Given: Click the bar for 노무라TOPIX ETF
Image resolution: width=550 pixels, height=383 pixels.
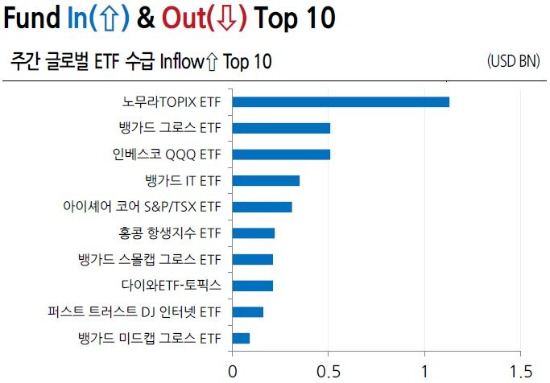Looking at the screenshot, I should point(341,101).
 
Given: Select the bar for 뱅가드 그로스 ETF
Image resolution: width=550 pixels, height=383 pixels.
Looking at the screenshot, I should point(281,128).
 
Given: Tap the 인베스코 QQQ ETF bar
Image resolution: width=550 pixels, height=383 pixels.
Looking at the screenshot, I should point(281,154).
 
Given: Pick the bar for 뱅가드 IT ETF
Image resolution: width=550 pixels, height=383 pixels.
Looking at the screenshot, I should point(266,180).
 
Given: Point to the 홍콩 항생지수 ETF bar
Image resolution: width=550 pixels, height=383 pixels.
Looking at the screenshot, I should point(254,233).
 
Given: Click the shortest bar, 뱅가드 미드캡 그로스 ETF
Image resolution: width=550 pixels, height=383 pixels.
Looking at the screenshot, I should point(241,337).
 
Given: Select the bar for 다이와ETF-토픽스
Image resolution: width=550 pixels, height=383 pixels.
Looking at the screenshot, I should point(253,285).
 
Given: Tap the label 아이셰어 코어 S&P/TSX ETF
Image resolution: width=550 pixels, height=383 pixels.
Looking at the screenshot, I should point(142,207).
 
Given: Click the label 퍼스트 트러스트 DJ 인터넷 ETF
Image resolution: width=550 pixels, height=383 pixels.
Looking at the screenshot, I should point(134,311).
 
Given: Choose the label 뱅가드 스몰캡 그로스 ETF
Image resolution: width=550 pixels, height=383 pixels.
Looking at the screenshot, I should point(149,259).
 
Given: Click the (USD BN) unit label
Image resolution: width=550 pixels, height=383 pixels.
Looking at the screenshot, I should point(513,61).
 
